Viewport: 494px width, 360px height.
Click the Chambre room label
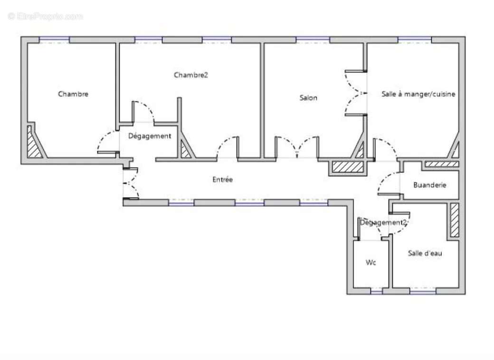[x=73, y=94]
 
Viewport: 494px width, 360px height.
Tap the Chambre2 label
[x=191, y=75]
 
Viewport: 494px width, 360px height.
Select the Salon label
[x=308, y=98]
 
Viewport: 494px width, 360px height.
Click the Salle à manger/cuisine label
[x=418, y=94]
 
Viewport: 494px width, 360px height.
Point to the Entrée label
[x=222, y=180]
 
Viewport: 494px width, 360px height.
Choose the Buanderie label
[x=429, y=185]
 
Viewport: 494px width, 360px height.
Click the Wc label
[x=370, y=262]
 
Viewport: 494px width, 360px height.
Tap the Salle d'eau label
[x=425, y=253]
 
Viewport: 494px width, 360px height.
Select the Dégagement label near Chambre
[x=150, y=136]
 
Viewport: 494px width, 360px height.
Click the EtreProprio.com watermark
[x=46, y=16]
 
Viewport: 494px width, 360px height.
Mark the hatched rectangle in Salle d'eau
[x=455, y=220]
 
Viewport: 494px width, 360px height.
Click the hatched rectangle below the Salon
[x=347, y=167]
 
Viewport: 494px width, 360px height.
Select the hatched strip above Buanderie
[x=441, y=164]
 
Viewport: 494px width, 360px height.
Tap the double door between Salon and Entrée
[x=297, y=148]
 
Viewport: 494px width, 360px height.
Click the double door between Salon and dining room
[x=355, y=93]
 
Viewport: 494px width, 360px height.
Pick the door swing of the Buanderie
[x=389, y=184]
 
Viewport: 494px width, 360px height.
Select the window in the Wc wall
[x=376, y=291]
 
